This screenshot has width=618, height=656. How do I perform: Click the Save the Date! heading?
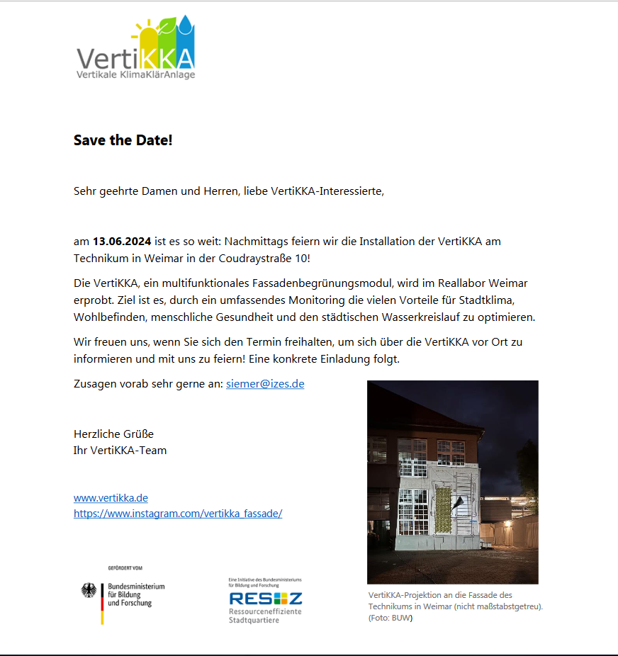point(123,140)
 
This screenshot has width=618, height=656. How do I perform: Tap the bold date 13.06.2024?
point(122,242)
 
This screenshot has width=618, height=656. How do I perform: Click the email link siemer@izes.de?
point(265,384)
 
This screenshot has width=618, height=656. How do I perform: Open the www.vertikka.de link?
point(111,498)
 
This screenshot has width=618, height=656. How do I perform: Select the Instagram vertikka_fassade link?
point(178,514)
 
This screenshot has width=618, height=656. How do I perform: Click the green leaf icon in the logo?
point(167,32)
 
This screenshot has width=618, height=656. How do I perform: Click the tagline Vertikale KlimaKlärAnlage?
point(135,74)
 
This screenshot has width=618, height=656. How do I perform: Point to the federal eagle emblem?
point(89,591)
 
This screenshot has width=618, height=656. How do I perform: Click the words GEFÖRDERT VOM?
point(125,568)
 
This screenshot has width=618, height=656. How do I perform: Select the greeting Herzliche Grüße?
point(113,434)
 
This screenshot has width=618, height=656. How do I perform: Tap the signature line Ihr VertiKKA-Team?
point(120,450)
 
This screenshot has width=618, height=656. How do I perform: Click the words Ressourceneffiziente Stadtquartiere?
point(264,616)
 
